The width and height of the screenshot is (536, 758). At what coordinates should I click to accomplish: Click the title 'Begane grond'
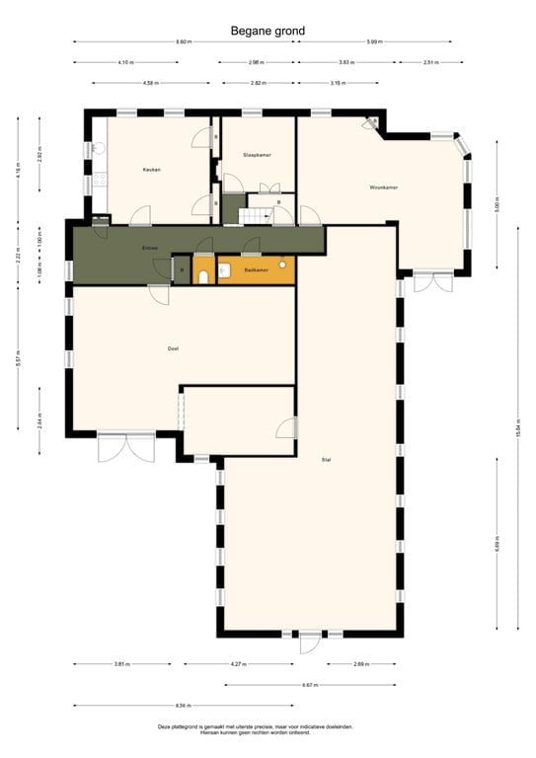(x=268, y=31)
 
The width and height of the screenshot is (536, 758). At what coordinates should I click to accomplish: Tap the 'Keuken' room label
(x=151, y=170)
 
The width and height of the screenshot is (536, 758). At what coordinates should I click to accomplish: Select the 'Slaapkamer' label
(x=258, y=156)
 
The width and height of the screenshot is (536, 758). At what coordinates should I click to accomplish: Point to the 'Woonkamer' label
(x=383, y=188)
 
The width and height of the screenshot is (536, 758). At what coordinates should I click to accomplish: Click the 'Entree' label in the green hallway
(x=150, y=248)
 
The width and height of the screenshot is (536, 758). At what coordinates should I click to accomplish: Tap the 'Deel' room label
(x=173, y=348)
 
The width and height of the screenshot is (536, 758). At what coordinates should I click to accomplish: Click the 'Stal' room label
(x=326, y=460)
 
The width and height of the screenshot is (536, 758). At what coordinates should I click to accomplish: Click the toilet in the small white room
(x=203, y=277)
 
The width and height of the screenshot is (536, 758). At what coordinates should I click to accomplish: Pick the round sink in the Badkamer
(x=283, y=265)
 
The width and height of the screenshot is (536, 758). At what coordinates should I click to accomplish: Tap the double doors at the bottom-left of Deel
(x=125, y=447)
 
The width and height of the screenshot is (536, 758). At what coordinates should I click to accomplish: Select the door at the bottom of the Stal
(x=309, y=643)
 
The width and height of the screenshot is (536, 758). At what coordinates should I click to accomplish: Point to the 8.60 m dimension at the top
(x=184, y=42)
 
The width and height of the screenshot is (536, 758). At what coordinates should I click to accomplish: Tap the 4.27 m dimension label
(x=238, y=664)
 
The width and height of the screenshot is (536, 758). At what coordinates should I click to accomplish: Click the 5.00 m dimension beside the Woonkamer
(x=498, y=207)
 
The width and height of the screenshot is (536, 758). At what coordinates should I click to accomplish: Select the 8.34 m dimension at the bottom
(x=184, y=706)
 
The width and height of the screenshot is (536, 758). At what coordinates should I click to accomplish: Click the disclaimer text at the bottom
(x=255, y=729)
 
